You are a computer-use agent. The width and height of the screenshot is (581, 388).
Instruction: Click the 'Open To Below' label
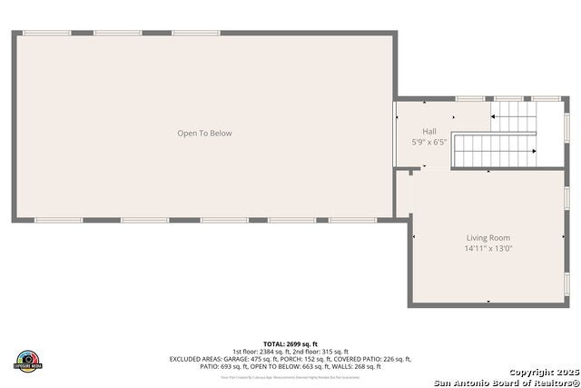tap(204, 134)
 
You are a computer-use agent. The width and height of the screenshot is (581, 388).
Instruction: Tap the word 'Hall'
tap(429, 131)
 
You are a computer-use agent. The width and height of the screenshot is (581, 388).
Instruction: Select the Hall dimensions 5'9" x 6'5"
tap(429, 142)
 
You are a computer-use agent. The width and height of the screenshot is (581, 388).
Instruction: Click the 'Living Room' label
tap(488, 238)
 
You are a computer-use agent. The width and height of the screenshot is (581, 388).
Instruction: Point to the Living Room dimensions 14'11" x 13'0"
tap(488, 248)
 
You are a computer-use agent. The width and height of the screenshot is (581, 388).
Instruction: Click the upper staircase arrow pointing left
tap(494, 115)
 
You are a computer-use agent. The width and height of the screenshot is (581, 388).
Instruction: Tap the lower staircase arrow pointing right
tap(534, 151)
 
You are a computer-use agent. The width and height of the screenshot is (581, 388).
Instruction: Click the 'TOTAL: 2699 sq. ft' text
tap(290, 343)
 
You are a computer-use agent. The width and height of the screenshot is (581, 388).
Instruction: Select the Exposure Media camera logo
tap(28, 360)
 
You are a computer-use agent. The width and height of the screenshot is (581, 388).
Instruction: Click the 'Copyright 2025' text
tap(542, 372)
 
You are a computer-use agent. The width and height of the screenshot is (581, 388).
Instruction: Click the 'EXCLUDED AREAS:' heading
tap(193, 359)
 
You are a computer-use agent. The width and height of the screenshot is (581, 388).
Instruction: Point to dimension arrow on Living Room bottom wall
tap(488, 301)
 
